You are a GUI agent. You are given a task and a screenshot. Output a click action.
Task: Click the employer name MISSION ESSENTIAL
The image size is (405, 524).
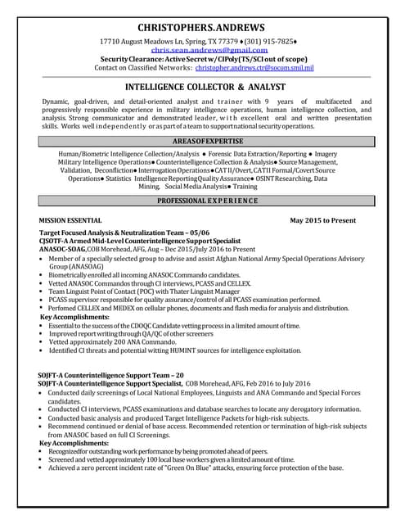coord(70,221)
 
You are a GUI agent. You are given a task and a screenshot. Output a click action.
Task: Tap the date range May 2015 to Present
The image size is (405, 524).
coord(323,221)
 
